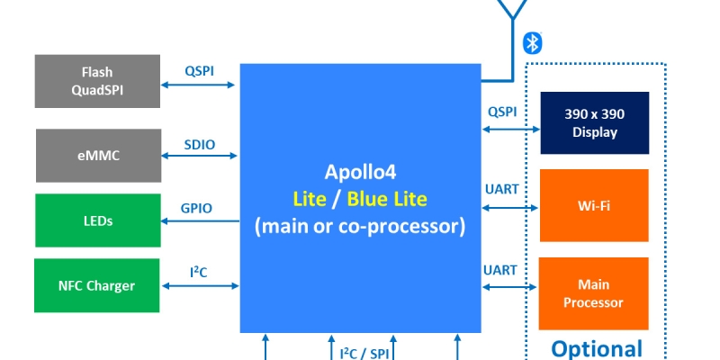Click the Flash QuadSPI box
point(97,80)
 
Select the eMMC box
point(97,156)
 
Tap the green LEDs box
point(97,220)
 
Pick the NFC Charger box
point(97,286)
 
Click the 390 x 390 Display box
point(594,123)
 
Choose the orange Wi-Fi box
point(594,204)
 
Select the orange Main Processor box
point(594,293)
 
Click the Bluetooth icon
point(533,42)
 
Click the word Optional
point(597,349)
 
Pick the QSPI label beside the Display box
point(502,112)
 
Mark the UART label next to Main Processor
point(500,270)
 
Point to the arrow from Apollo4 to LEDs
point(200,221)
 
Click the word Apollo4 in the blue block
point(359,172)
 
